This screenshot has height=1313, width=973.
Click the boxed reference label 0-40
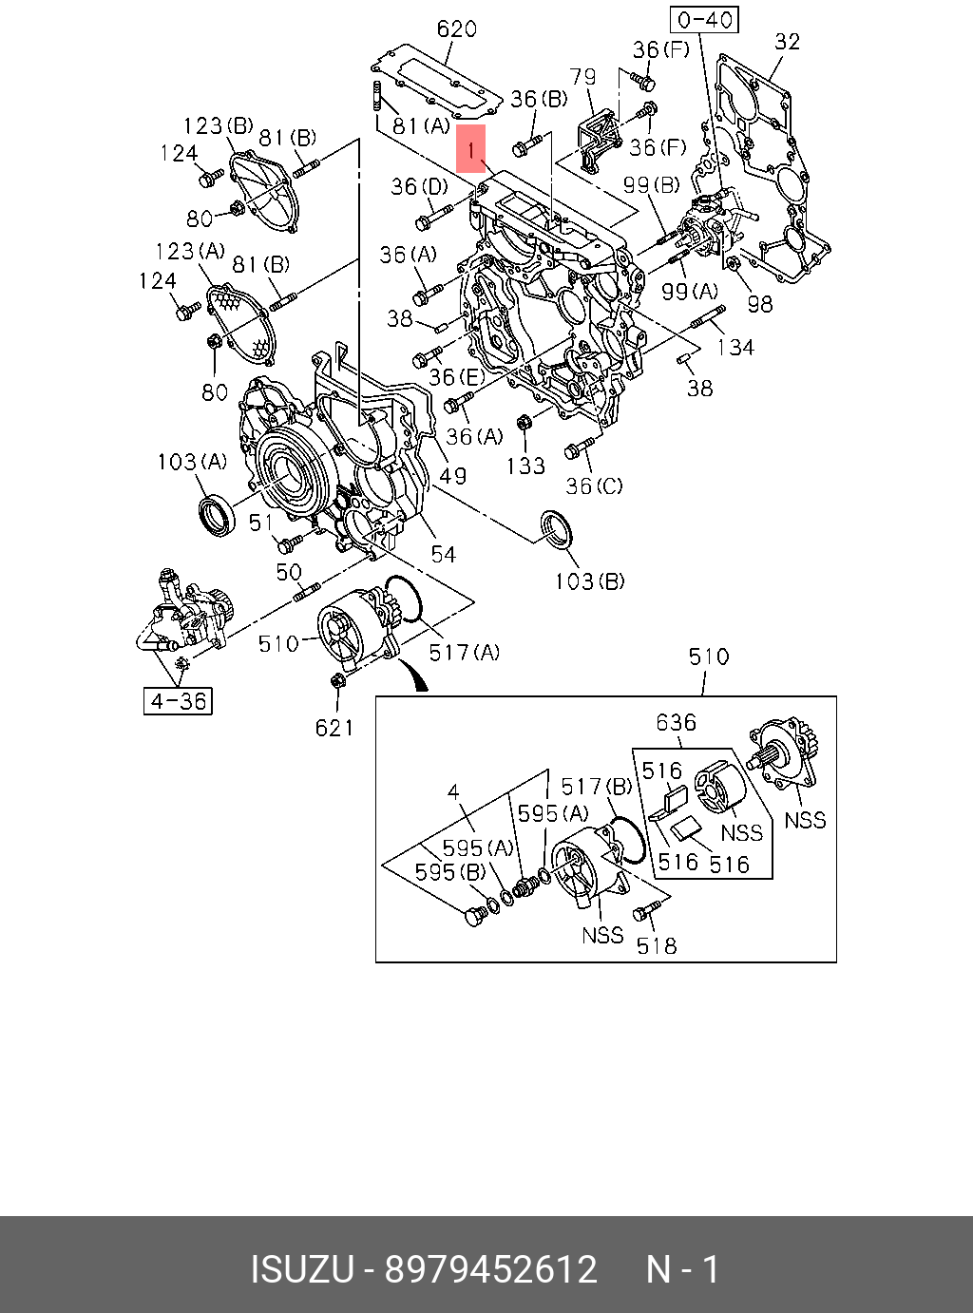pyautogui.click(x=704, y=21)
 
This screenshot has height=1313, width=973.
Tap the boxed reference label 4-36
pyautogui.click(x=178, y=701)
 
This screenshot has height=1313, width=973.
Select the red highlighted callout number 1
pyautogui.click(x=470, y=149)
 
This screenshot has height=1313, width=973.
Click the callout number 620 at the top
pyautogui.click(x=457, y=29)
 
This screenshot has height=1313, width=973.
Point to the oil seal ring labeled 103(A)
pyautogui.click(x=216, y=517)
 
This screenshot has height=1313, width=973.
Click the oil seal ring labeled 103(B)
pyautogui.click(x=556, y=527)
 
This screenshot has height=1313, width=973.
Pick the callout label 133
pyautogui.click(x=525, y=466)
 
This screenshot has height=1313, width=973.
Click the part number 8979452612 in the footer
pyautogui.click(x=491, y=1270)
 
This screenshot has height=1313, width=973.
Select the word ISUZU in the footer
pyautogui.click(x=302, y=1270)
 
